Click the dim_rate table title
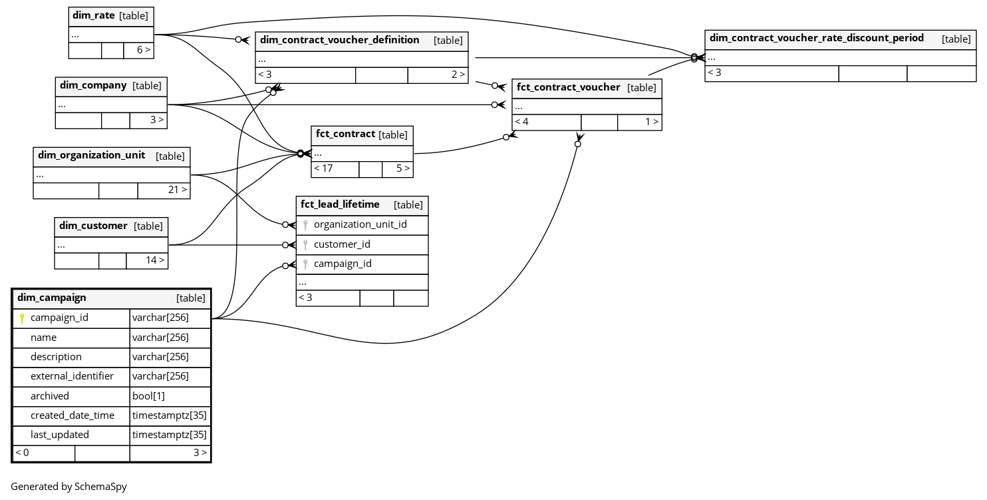93,15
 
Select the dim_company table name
93,85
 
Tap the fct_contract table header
345,134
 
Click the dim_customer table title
93,226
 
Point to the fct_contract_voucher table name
568,87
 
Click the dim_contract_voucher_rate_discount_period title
816,38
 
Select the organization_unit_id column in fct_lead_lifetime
360,224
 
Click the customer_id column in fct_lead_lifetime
342,244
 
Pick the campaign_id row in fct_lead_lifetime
343,264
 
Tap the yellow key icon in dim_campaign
22,318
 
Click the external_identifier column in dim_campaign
72,376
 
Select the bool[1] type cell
148,396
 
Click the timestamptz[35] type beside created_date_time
170,415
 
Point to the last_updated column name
60,435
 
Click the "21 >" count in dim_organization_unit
177,190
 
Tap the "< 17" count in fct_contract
323,168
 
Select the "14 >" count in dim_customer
155,260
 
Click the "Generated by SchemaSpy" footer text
69,487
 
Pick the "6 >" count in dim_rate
144,50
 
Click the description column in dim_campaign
56,357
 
